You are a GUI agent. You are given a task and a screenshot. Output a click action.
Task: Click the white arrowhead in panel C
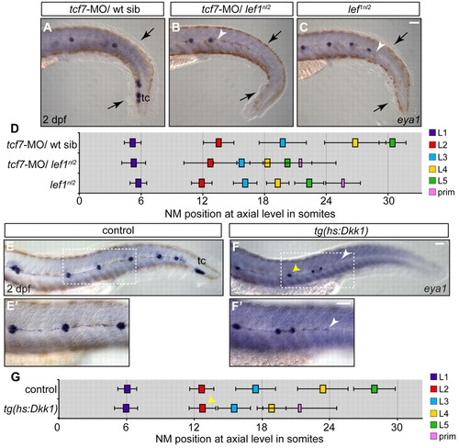380,46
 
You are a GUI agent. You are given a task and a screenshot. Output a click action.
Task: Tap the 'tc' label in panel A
146,98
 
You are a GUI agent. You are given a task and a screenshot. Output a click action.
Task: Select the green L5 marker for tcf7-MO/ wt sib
393,142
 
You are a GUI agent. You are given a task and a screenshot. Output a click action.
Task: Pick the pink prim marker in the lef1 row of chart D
343,183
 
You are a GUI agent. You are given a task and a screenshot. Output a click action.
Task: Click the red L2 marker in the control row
201,389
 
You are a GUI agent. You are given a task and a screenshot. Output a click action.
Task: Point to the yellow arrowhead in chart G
212,400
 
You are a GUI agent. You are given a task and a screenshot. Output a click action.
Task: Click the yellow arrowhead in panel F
297,269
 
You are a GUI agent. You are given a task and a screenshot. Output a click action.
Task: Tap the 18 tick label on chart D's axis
263,201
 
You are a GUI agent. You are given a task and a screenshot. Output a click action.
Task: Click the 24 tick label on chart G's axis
330,427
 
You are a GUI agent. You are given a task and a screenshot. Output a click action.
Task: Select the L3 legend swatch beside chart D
432,157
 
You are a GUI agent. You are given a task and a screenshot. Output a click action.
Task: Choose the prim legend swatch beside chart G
432,436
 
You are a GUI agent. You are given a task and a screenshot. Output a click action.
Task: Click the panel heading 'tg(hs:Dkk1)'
339,230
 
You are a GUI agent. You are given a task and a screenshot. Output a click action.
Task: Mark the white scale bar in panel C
414,23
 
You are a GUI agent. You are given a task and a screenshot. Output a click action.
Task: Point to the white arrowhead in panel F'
334,322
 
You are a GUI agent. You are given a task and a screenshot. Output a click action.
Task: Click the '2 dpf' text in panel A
54,119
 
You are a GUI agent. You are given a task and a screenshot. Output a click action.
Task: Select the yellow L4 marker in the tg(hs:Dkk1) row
272,409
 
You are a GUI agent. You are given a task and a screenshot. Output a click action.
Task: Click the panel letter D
15,129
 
